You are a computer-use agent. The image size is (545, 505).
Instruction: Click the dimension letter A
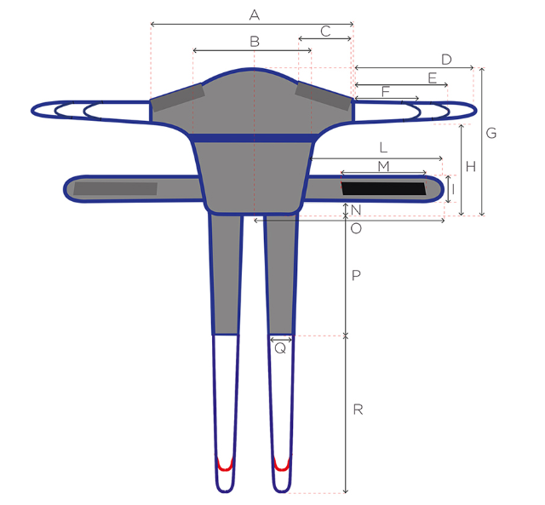255,15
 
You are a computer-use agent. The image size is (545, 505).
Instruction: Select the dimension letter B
255,42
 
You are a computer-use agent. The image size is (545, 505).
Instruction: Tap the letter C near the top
325,32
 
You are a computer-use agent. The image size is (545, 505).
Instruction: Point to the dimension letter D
446,60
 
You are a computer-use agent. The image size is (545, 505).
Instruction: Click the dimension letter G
491,133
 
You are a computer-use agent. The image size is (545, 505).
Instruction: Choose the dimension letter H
471,167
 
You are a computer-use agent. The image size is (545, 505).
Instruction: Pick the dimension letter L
383,147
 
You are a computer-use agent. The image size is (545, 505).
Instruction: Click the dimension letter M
383,166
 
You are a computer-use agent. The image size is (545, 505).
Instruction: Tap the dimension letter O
356,228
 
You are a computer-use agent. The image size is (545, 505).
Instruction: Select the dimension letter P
356,276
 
